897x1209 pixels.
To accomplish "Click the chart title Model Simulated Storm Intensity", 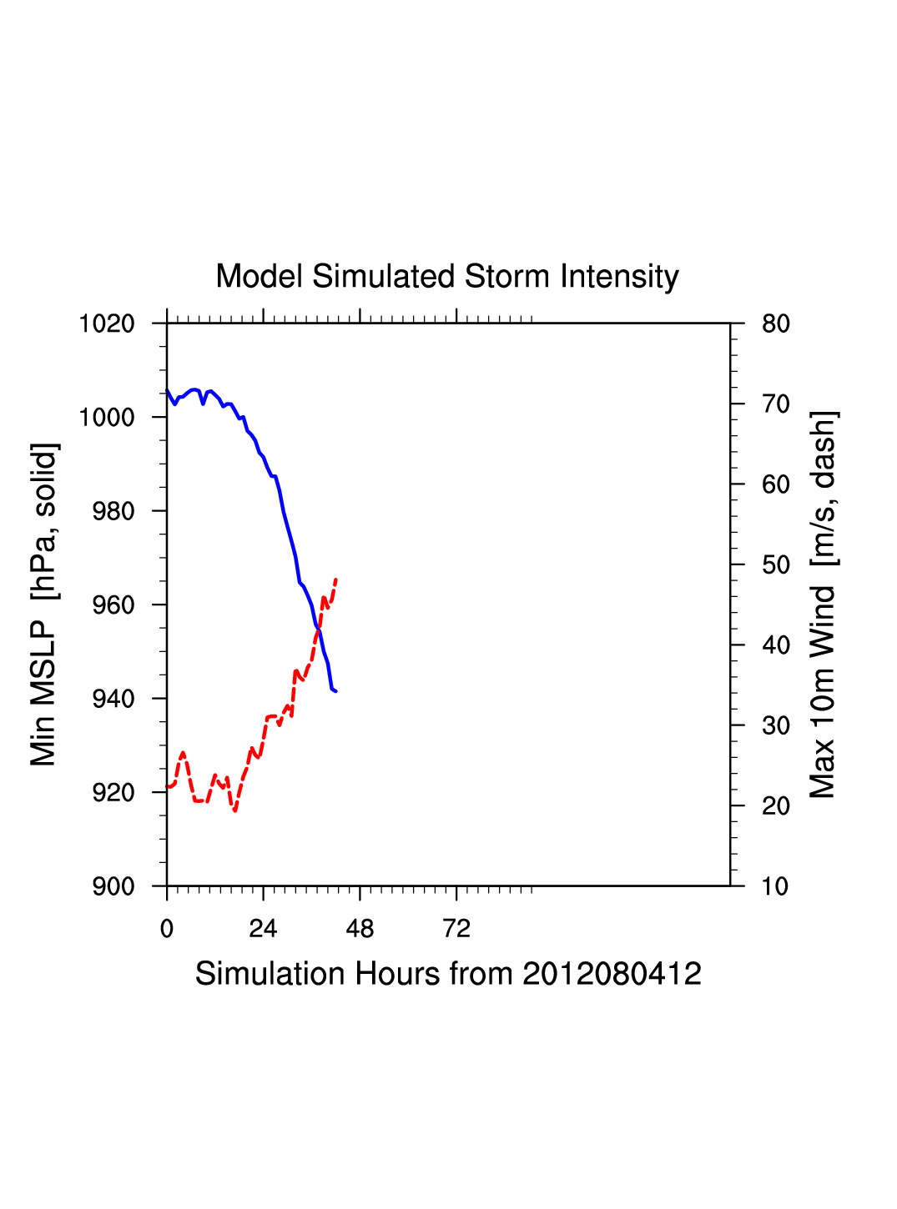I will (x=447, y=277).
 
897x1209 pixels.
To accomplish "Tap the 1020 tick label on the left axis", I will (x=107, y=324).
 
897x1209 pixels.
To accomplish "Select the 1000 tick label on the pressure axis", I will (x=107, y=417).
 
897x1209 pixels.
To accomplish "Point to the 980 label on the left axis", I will (x=113, y=511).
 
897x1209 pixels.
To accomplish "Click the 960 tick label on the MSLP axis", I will (x=113, y=604).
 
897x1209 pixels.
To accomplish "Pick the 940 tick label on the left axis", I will (x=113, y=699).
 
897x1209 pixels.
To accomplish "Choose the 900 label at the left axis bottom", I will (x=113, y=886).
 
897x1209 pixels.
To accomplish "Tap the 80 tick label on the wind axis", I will (x=776, y=324).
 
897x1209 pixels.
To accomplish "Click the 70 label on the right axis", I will (x=776, y=404).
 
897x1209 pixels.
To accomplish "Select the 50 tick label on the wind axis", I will (x=776, y=564).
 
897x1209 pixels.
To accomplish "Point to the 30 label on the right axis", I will (x=776, y=725).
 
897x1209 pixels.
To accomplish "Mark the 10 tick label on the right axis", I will (x=776, y=886).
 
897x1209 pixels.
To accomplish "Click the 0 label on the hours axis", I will (x=167, y=929).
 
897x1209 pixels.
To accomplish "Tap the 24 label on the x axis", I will (x=263, y=929).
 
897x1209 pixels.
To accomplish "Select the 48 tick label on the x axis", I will (x=360, y=929).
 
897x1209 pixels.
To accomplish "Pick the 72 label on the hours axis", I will (x=456, y=929).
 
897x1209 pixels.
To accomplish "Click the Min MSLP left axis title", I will (x=44, y=604).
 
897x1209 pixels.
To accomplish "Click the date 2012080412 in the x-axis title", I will (x=612, y=974).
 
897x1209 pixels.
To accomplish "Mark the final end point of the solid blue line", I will (x=335, y=691).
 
